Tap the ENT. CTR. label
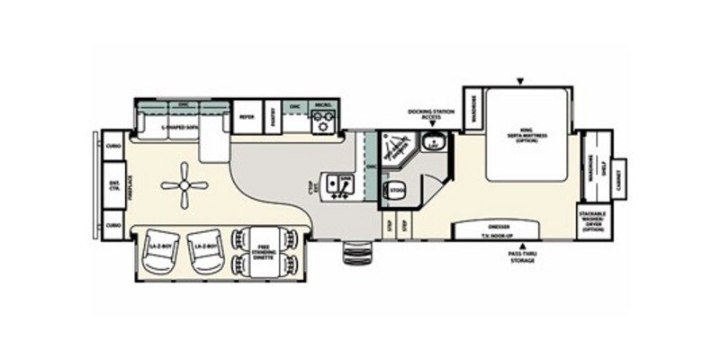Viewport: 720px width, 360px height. coord(114,187)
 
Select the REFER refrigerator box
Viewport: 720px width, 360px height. coord(247,117)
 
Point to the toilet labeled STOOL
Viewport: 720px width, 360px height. coord(396,191)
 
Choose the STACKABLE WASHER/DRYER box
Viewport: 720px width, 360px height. coord(593,220)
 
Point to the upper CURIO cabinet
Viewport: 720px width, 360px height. coord(113,145)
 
